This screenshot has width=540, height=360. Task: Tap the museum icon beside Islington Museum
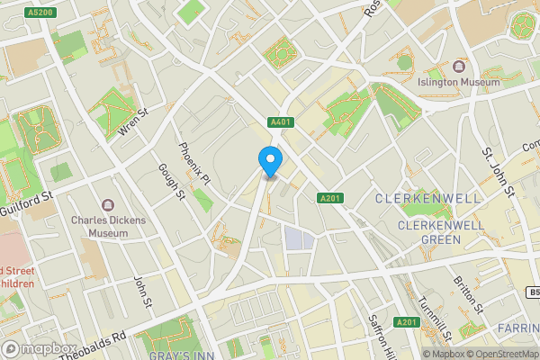459,67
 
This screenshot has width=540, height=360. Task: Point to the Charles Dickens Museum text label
107,225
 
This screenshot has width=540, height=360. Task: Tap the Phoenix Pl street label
193,164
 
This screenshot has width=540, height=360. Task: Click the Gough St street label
170,184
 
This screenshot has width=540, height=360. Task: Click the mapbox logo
39,347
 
